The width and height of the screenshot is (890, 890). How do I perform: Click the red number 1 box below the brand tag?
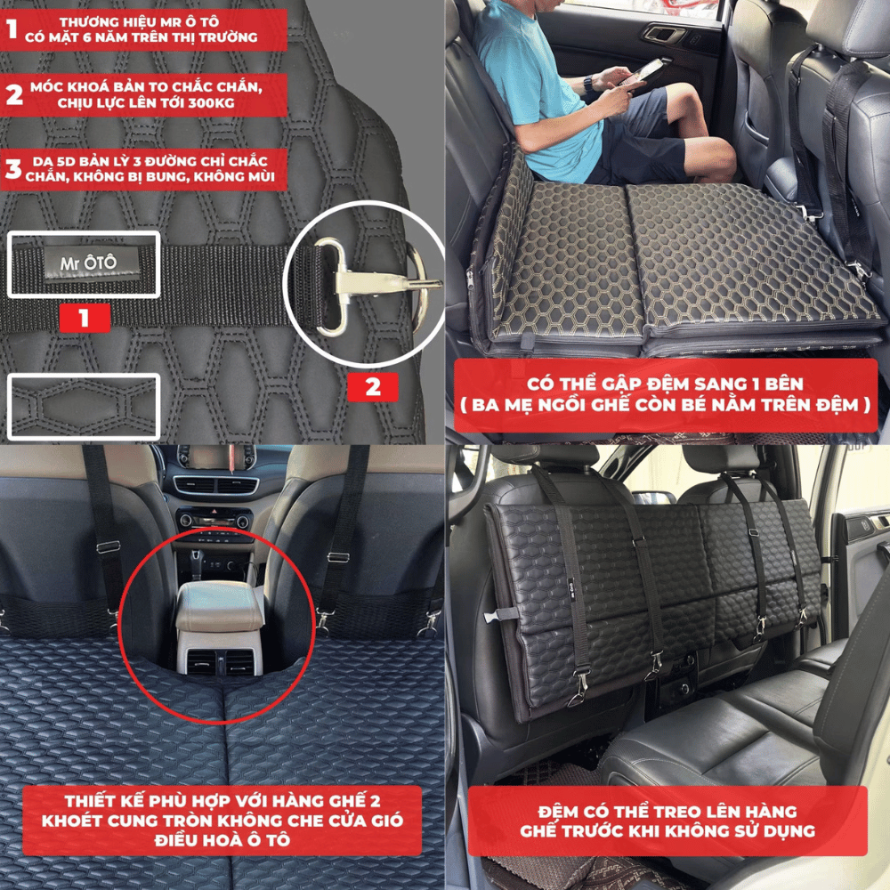85,318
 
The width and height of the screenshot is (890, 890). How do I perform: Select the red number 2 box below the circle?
372,387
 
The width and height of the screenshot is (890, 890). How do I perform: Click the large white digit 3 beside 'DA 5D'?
13,168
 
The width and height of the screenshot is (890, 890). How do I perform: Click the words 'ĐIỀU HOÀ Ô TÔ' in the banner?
222,839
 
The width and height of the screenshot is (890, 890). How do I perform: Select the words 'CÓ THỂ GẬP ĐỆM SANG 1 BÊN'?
665,384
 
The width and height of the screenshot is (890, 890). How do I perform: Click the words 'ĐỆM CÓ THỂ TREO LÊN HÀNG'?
667,812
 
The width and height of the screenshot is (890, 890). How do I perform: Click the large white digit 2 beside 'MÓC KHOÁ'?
14,94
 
